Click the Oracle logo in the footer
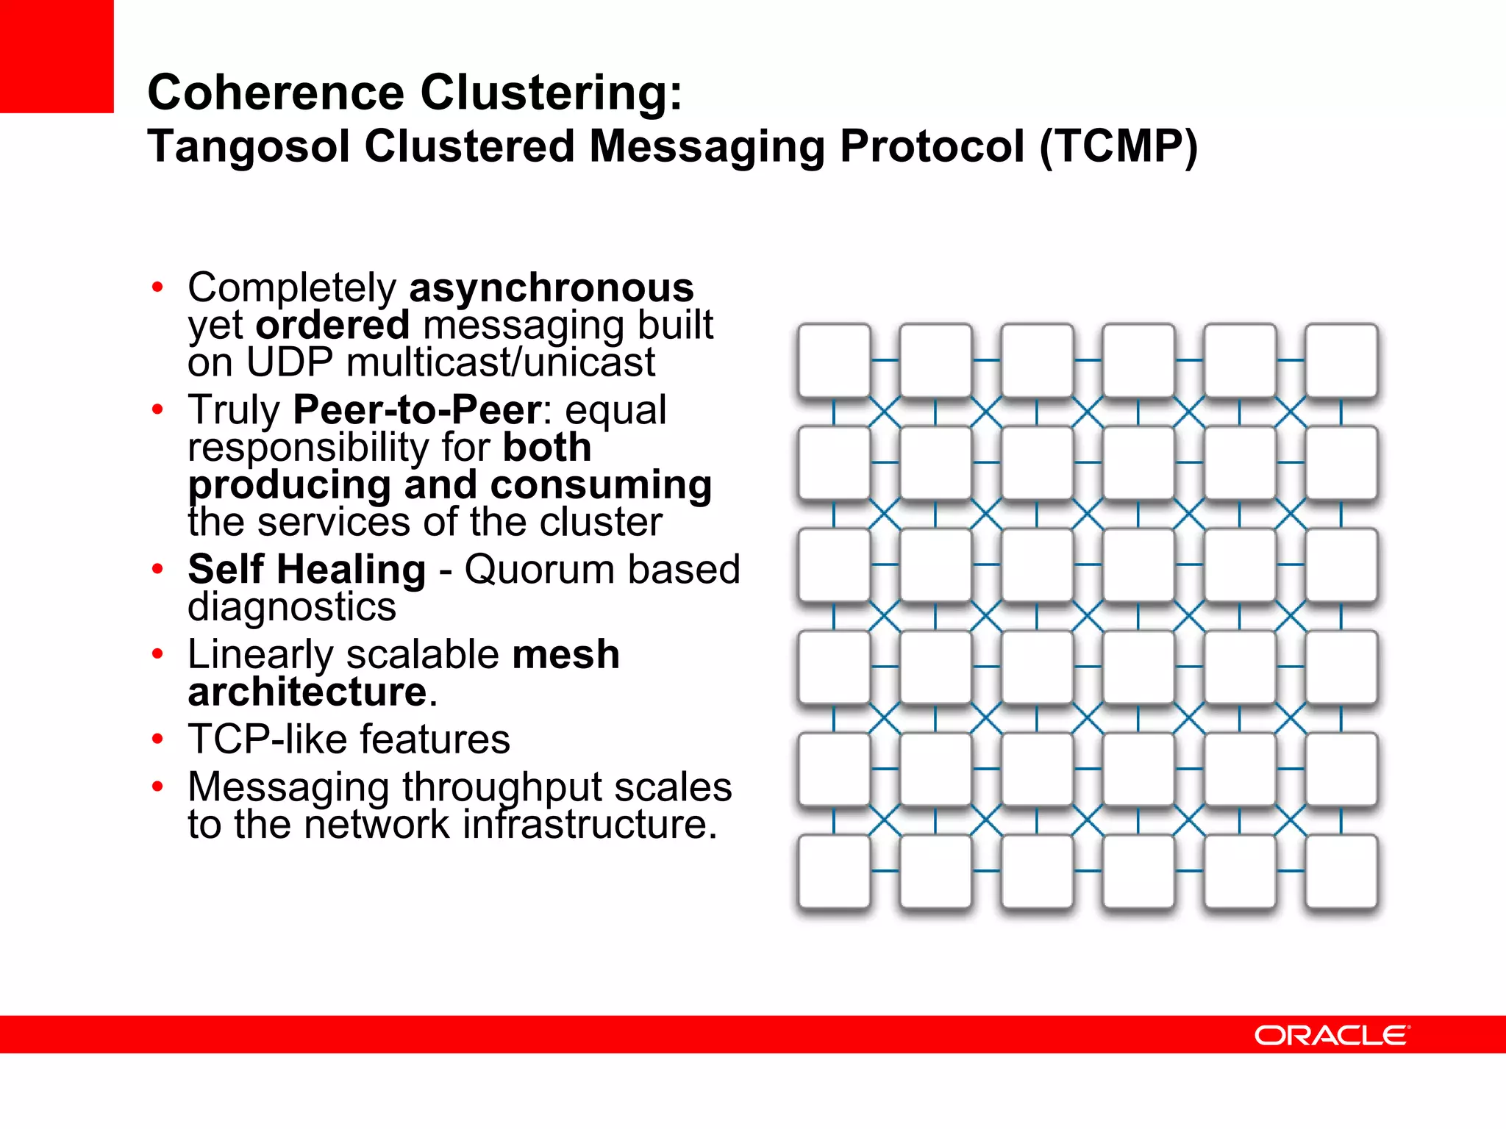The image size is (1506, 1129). pos(1332,1035)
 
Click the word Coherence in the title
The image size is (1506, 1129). pos(275,93)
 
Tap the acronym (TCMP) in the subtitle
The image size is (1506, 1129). pos(1118,146)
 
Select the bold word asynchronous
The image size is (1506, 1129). pos(551,287)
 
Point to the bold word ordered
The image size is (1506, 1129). pos(332,325)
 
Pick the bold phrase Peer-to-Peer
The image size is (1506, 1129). pos(416,409)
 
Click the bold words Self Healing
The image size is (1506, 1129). pos(307,570)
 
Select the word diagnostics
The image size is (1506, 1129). pos(292,607)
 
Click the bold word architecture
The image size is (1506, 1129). pos(307,692)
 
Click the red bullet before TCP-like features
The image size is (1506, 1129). pos(157,739)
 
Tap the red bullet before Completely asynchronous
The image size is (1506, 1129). pos(157,287)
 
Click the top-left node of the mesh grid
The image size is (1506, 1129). pos(834,361)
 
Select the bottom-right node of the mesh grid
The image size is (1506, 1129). pos(1341,871)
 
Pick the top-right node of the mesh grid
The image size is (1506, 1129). pos(1341,361)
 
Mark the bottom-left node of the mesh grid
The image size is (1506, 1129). pos(834,871)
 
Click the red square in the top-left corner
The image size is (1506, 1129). pos(57,56)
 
